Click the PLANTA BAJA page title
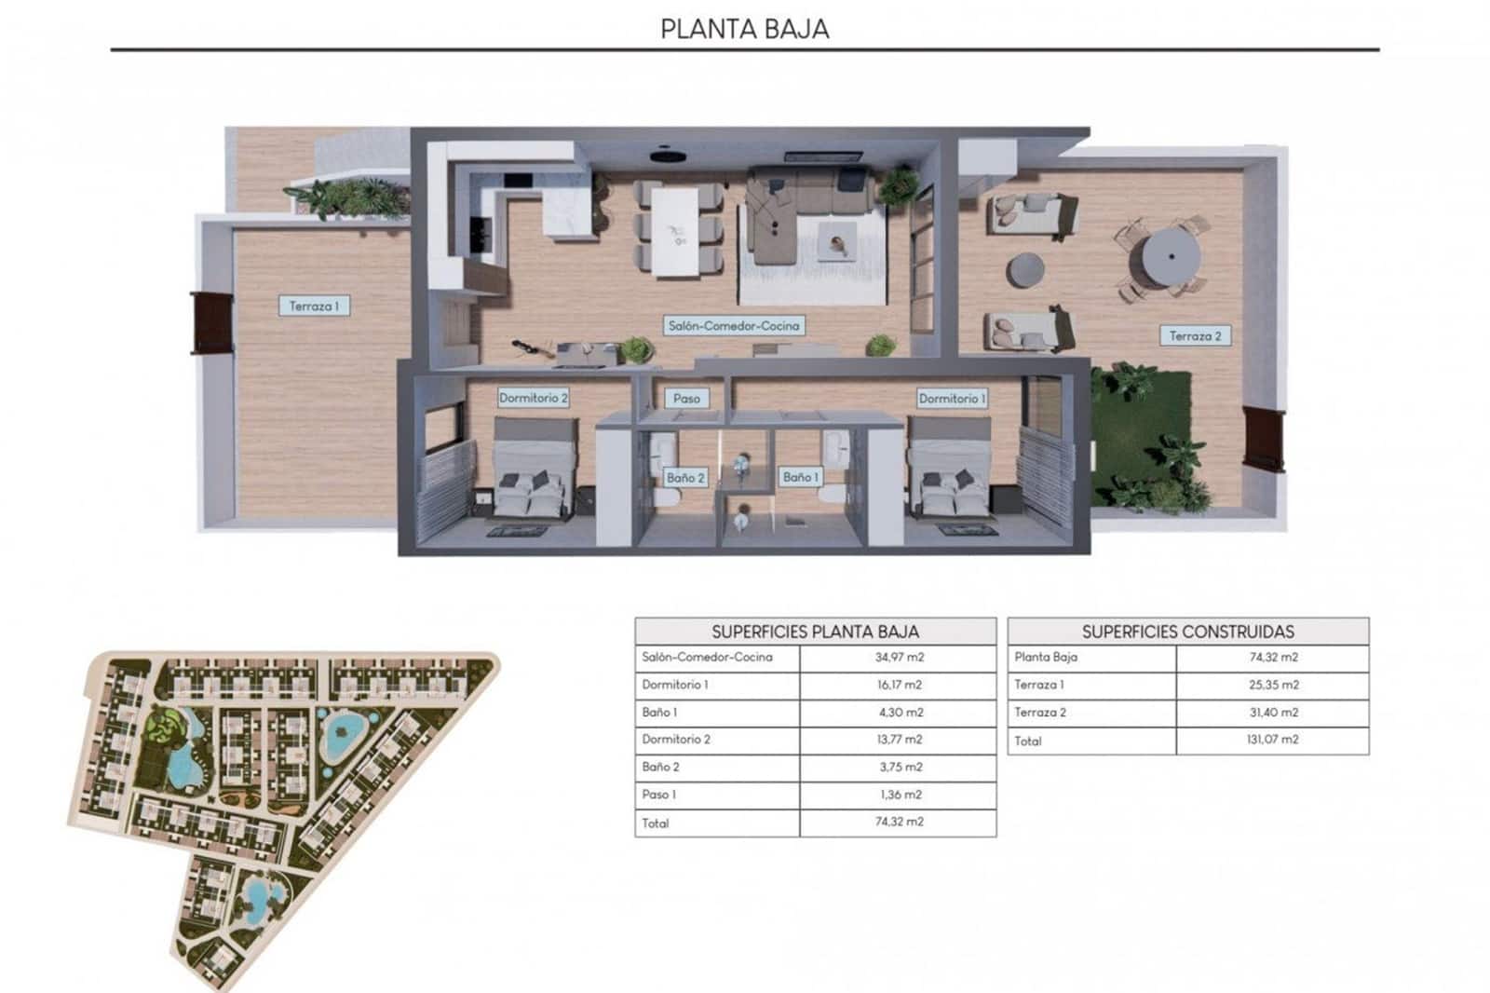pos(744,28)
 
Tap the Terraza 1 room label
pos(314,306)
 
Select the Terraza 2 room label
pos(1195,335)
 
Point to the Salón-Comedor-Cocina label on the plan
pos(734,326)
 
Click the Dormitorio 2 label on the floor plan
pos(533,398)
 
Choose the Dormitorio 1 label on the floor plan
pos(952,398)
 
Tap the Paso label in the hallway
pos(686,398)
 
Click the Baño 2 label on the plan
pos(685,478)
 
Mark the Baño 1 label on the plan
pos(801,477)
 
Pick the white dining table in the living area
pos(674,231)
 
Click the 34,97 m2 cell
pos(898,658)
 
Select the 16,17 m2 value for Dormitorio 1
pos(898,685)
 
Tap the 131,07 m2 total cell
pos(1272,740)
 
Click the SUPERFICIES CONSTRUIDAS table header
pos(1187,632)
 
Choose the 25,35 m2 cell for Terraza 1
pos(1272,685)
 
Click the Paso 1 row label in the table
pos(659,795)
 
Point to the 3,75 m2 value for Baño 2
pos(898,768)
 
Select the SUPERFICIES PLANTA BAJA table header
pos(815,632)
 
